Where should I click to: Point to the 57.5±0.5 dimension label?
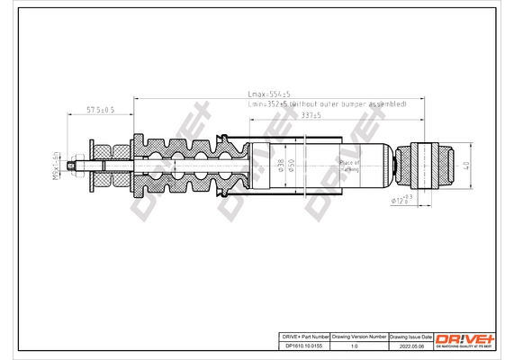(99, 110)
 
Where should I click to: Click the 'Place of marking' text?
(349, 166)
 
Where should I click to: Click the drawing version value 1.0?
(354, 343)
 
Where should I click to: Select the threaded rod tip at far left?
(73, 166)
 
